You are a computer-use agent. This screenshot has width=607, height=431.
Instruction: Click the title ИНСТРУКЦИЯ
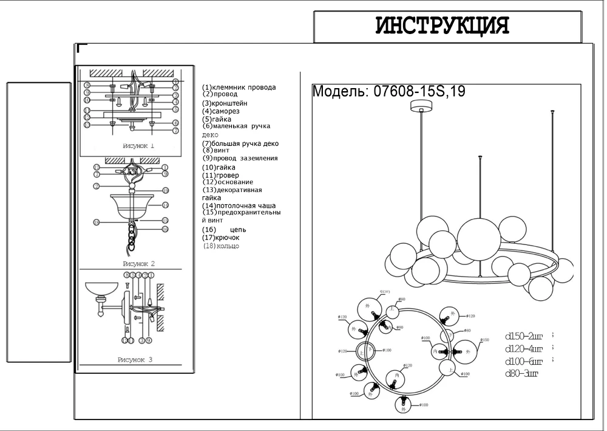[442, 26]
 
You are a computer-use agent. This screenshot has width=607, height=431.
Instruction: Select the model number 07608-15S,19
[388, 92]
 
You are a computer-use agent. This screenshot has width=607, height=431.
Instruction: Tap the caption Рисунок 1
[138, 146]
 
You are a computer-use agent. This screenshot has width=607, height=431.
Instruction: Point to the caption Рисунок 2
[138, 263]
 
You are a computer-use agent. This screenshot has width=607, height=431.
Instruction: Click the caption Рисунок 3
[135, 360]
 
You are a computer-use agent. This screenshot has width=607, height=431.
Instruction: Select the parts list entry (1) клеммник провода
[239, 87]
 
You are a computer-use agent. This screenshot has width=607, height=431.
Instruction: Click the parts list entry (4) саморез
[221, 111]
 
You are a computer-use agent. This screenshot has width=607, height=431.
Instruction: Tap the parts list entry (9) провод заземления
[240, 158]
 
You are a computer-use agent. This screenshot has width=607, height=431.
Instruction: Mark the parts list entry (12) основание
[228, 182]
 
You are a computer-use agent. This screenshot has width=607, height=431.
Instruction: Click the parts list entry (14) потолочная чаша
[239, 206]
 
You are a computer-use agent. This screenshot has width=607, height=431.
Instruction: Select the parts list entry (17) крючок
[220, 238]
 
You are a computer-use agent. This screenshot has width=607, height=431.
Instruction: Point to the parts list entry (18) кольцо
[220, 246]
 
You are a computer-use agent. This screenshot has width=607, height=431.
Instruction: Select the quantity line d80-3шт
[521, 373]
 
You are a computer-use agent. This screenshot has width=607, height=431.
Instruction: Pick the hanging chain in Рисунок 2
[132, 234]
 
